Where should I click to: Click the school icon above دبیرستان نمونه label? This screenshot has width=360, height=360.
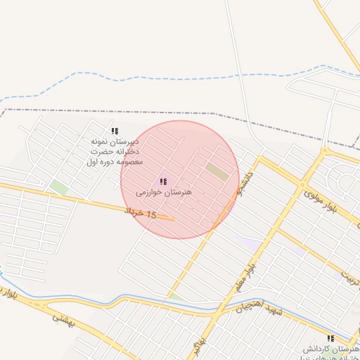click(x=115, y=131)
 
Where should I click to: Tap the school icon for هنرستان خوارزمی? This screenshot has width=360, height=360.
click(x=163, y=181)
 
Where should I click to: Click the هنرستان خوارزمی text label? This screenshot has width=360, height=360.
click(x=164, y=191)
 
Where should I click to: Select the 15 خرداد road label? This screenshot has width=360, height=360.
click(x=141, y=212)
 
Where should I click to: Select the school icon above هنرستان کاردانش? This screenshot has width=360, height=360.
click(x=330, y=338)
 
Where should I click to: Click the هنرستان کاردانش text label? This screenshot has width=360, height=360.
click(x=331, y=349)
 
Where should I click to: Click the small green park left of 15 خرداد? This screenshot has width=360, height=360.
click(x=58, y=188)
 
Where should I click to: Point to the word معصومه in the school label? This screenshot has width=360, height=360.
click(x=128, y=162)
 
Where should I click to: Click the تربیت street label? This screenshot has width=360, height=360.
click(x=349, y=275)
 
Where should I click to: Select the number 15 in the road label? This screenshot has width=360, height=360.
click(x=150, y=214)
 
